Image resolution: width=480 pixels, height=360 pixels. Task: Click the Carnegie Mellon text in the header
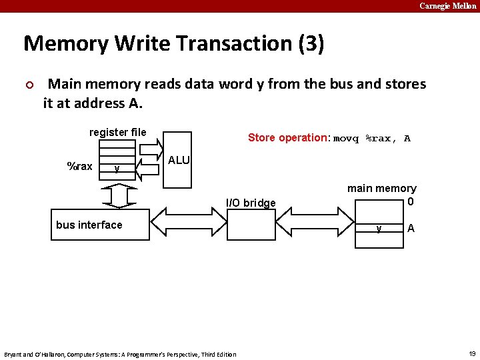coord(447,6)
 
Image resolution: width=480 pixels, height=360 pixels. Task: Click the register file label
coord(117,132)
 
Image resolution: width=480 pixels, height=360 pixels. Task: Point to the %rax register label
coord(80,166)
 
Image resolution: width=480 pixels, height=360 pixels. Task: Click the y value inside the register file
coord(117,168)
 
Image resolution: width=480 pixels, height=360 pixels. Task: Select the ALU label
coord(179,160)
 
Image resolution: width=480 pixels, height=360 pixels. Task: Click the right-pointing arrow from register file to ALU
coord(150,146)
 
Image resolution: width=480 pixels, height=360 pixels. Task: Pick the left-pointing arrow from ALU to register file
coord(150,171)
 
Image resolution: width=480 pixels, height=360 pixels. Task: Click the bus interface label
coord(89,225)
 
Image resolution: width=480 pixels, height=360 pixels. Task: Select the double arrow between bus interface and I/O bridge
coord(189,219)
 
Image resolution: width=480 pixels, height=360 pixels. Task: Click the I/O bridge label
coord(251,203)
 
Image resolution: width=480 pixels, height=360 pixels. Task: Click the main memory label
coord(381,188)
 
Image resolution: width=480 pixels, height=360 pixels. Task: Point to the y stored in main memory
coord(379,228)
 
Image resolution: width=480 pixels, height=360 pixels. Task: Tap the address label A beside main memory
coord(411,228)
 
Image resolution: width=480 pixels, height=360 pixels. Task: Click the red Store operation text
coord(288,138)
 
